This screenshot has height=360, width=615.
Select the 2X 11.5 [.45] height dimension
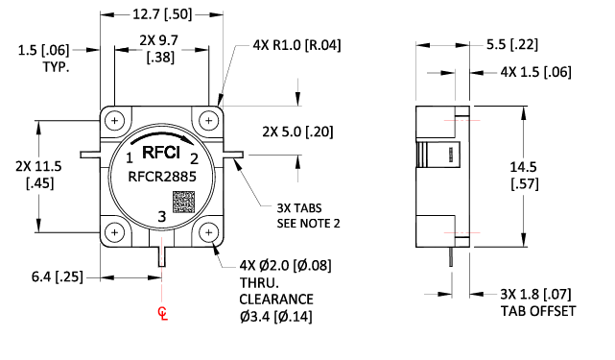tap(38, 175)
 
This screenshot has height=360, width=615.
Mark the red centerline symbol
tap(162, 314)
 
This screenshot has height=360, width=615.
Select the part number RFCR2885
tap(160, 176)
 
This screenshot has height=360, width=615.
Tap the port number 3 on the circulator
tap(160, 218)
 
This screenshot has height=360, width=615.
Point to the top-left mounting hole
tap(114, 121)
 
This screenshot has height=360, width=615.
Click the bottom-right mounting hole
tap(209, 232)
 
